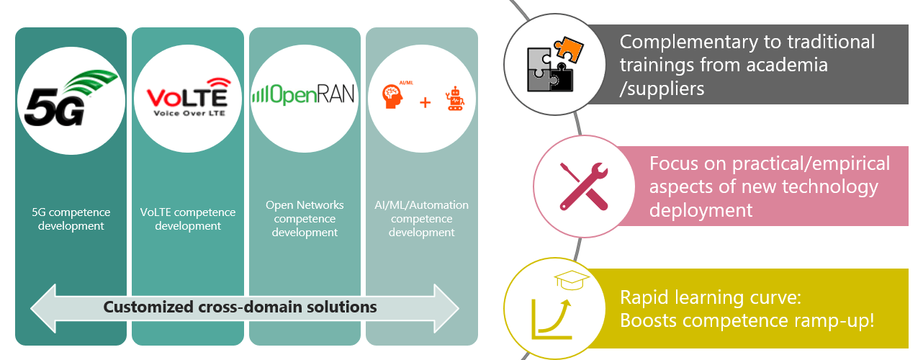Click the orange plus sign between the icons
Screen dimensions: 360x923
click(x=425, y=102)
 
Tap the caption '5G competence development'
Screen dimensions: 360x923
click(x=71, y=219)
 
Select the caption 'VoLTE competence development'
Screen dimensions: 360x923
click(x=187, y=219)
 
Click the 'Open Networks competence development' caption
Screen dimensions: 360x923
click(x=305, y=219)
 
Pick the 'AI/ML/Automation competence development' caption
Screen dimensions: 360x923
click(x=422, y=219)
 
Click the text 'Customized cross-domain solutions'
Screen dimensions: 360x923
click(x=240, y=307)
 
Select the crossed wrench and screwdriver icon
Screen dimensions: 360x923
click(x=583, y=185)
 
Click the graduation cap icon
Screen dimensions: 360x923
click(x=572, y=279)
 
